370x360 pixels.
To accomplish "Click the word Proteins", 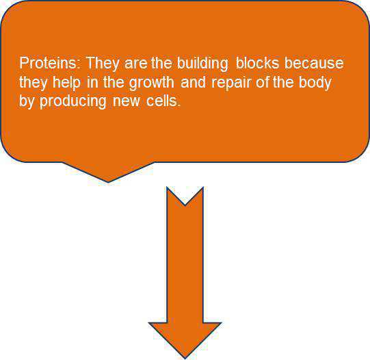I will (42, 64).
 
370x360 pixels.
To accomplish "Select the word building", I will (203, 64).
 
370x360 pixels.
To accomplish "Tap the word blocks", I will (258, 64).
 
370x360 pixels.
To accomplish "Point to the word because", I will (315, 64).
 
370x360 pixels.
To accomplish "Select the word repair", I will (229, 83).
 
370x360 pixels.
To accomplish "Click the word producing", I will (70, 103).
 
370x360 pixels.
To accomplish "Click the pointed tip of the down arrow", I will (185, 357).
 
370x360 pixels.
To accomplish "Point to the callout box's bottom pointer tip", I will (108, 182).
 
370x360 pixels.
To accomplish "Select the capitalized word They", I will (99, 64).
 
